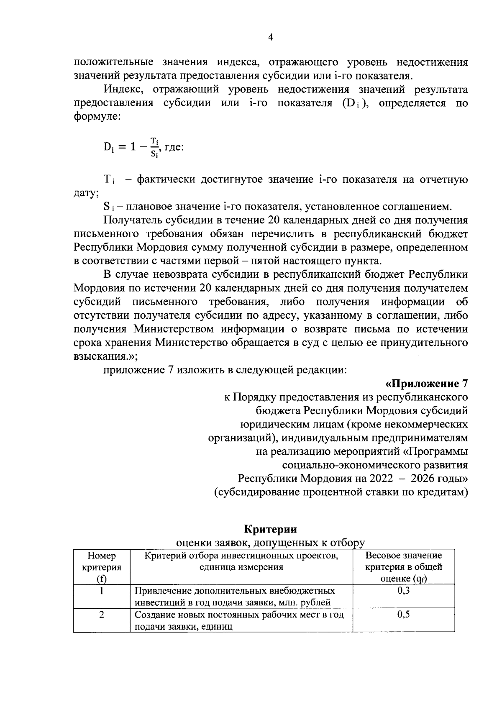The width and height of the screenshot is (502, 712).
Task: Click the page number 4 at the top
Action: click(270, 38)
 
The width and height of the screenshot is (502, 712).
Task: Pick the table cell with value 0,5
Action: click(403, 615)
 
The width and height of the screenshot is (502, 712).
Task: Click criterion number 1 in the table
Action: click(102, 591)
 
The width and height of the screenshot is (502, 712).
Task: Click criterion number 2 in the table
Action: click(102, 615)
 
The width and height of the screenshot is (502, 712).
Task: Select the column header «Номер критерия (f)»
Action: click(102, 567)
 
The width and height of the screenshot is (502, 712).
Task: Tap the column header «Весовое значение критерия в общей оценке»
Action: click(403, 567)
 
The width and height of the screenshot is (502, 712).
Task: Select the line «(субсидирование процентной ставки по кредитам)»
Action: click(341, 492)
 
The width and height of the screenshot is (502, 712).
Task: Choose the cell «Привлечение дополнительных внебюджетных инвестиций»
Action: click(234, 596)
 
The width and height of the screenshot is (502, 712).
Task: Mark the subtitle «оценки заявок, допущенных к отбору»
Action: click(270, 543)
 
